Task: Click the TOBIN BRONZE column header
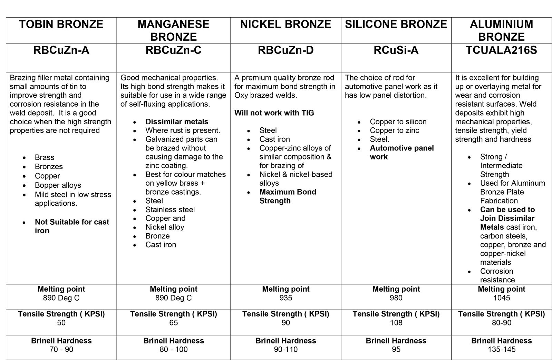click(61, 25)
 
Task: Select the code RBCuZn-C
click(173, 50)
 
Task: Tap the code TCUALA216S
click(501, 50)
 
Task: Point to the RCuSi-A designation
click(396, 50)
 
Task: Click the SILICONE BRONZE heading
click(396, 25)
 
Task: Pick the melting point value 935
click(286, 298)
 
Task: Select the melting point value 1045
click(501, 298)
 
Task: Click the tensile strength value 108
click(396, 323)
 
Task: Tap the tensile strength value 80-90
click(501, 323)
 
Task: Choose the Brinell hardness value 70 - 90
click(61, 349)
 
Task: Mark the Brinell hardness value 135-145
click(501, 349)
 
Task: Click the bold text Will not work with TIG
click(274, 113)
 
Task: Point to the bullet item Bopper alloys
click(58, 185)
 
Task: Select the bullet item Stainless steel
click(170, 210)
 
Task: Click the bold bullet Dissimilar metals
click(177, 121)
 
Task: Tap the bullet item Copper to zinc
click(394, 130)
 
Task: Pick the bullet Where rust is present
click(183, 130)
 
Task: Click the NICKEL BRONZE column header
click(285, 25)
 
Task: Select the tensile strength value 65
click(173, 323)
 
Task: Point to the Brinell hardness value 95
click(396, 349)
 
